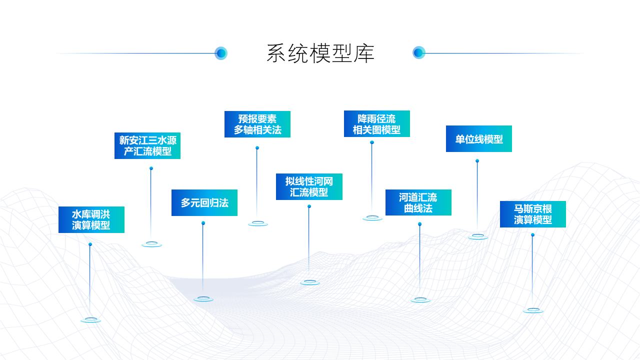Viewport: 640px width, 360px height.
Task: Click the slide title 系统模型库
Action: click(x=320, y=53)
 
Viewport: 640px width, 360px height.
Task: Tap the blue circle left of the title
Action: click(x=221, y=53)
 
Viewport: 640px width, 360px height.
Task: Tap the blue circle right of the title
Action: click(x=418, y=52)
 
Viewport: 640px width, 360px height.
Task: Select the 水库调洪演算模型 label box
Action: click(x=91, y=219)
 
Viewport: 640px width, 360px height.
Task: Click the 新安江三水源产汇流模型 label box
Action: click(x=147, y=145)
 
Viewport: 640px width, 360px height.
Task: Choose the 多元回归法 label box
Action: click(x=204, y=202)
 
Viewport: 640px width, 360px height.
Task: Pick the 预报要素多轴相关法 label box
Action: click(x=257, y=124)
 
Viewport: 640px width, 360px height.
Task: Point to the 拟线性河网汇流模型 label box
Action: click(x=309, y=186)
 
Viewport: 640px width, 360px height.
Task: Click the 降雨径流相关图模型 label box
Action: click(x=377, y=123)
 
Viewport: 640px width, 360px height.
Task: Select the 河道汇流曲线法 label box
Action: click(x=418, y=202)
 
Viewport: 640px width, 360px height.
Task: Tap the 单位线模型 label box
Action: click(x=479, y=138)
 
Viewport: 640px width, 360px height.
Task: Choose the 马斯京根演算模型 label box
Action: click(x=533, y=214)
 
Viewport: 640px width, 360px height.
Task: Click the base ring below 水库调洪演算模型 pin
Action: click(x=91, y=319)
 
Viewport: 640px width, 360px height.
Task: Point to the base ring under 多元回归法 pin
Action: click(x=203, y=299)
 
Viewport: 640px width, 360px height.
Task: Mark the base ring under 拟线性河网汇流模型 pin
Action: click(x=310, y=282)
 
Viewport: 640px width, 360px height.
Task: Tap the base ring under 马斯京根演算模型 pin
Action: click(x=533, y=310)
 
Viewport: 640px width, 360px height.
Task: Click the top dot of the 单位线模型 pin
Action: click(x=477, y=160)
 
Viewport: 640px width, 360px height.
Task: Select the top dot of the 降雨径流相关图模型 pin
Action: click(x=372, y=142)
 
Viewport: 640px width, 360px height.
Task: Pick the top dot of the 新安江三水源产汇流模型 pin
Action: click(x=151, y=168)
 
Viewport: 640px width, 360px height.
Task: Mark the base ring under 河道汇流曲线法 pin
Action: click(x=420, y=299)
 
